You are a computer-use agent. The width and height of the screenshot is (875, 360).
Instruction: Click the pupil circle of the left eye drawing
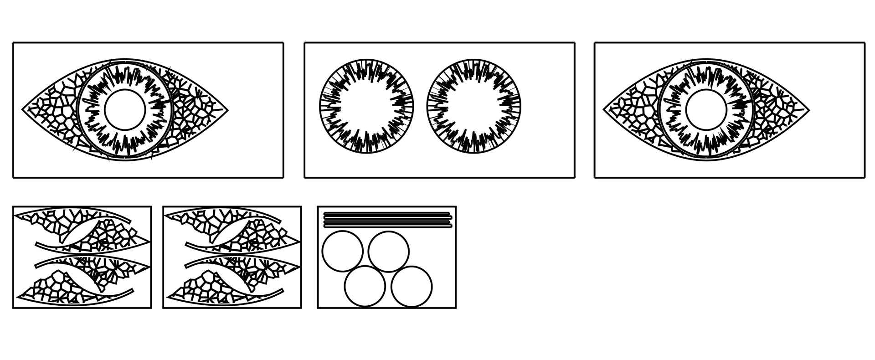click(x=124, y=109)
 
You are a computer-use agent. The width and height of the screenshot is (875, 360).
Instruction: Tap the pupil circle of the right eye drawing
click(x=705, y=109)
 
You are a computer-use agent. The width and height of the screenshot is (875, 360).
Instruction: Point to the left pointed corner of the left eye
click(x=24, y=109)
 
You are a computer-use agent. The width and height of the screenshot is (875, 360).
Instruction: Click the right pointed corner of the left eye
click(x=226, y=109)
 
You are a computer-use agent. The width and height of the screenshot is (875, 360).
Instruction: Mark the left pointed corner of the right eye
click(x=605, y=110)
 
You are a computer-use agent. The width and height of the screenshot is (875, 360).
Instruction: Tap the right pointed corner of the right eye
click(x=808, y=110)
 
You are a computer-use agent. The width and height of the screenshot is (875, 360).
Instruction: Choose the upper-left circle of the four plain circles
click(x=342, y=251)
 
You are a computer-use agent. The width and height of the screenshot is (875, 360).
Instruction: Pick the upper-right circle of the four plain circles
click(x=389, y=251)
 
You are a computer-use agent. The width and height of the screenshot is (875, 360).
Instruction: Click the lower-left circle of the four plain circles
click(x=365, y=287)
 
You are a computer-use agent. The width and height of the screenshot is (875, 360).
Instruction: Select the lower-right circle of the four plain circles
click(x=412, y=287)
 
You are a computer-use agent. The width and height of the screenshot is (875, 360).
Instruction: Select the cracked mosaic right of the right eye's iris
click(x=775, y=109)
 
